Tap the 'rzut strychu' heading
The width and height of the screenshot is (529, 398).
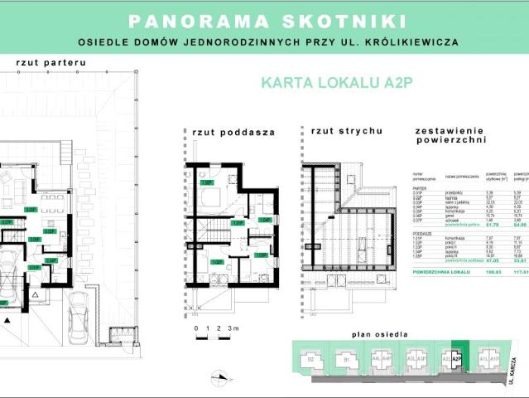[x=345, y=131]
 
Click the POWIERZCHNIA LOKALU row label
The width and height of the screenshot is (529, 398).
[x=443, y=294]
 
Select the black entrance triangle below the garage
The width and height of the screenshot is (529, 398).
[x=4, y=304]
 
